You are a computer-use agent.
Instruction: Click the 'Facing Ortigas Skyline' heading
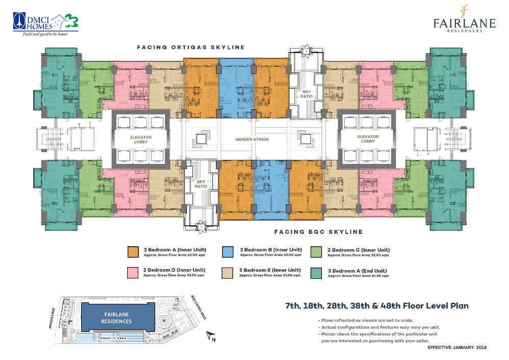[x=190, y=47]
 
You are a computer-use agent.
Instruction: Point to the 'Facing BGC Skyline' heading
[x=318, y=232]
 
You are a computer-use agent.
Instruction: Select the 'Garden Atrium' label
[x=252, y=139]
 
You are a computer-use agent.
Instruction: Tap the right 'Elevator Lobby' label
[x=368, y=139]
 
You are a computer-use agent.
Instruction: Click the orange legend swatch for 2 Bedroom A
[x=133, y=251]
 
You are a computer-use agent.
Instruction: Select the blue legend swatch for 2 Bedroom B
[x=228, y=251]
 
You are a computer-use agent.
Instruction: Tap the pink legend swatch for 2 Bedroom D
[x=133, y=272]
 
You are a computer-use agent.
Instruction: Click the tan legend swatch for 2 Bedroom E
[x=228, y=272]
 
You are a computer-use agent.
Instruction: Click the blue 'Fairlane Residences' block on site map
[x=118, y=318]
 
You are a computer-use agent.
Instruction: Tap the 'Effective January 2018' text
[x=457, y=347]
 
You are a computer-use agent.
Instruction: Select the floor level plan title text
[x=376, y=306]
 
